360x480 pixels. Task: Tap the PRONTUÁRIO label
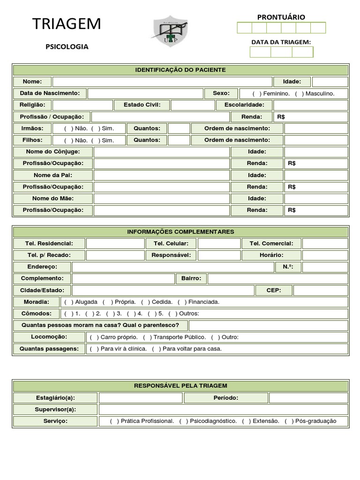(281, 17)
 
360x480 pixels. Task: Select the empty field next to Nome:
(162, 82)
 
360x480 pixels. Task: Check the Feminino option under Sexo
(256, 94)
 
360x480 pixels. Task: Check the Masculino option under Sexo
(299, 94)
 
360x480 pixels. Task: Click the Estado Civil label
(142, 105)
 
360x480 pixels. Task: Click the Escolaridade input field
(310, 105)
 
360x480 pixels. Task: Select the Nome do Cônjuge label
(53, 152)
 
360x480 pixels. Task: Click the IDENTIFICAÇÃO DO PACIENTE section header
(180, 70)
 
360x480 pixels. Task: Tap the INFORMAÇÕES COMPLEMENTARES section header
(180, 232)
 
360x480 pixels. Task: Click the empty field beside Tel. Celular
(219, 244)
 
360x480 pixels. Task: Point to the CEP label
(274, 291)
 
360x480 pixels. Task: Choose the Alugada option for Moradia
(68, 302)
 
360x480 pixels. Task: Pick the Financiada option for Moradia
(182, 302)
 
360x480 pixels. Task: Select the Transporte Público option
(147, 337)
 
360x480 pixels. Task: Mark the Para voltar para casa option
(156, 349)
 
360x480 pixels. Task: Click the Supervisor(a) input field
(223, 410)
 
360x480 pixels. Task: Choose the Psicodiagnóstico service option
(183, 421)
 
